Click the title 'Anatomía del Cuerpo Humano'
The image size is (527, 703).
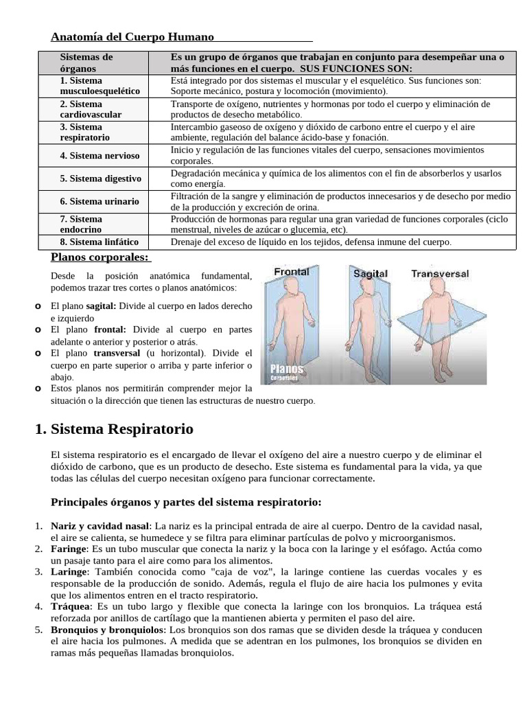(x=133, y=36)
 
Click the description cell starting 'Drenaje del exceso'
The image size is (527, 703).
(x=311, y=242)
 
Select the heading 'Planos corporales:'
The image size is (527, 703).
(x=100, y=257)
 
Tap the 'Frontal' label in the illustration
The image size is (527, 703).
(x=292, y=272)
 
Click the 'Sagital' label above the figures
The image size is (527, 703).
(x=371, y=274)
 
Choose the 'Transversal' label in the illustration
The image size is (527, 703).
(x=440, y=274)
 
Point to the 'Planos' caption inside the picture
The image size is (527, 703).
(x=287, y=369)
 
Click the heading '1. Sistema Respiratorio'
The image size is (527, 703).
(x=114, y=429)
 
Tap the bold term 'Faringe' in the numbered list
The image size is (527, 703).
(x=69, y=549)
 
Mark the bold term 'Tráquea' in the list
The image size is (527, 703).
(x=70, y=606)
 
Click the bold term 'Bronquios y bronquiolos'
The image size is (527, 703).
(x=108, y=630)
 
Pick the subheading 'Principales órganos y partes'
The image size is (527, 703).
(x=187, y=501)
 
